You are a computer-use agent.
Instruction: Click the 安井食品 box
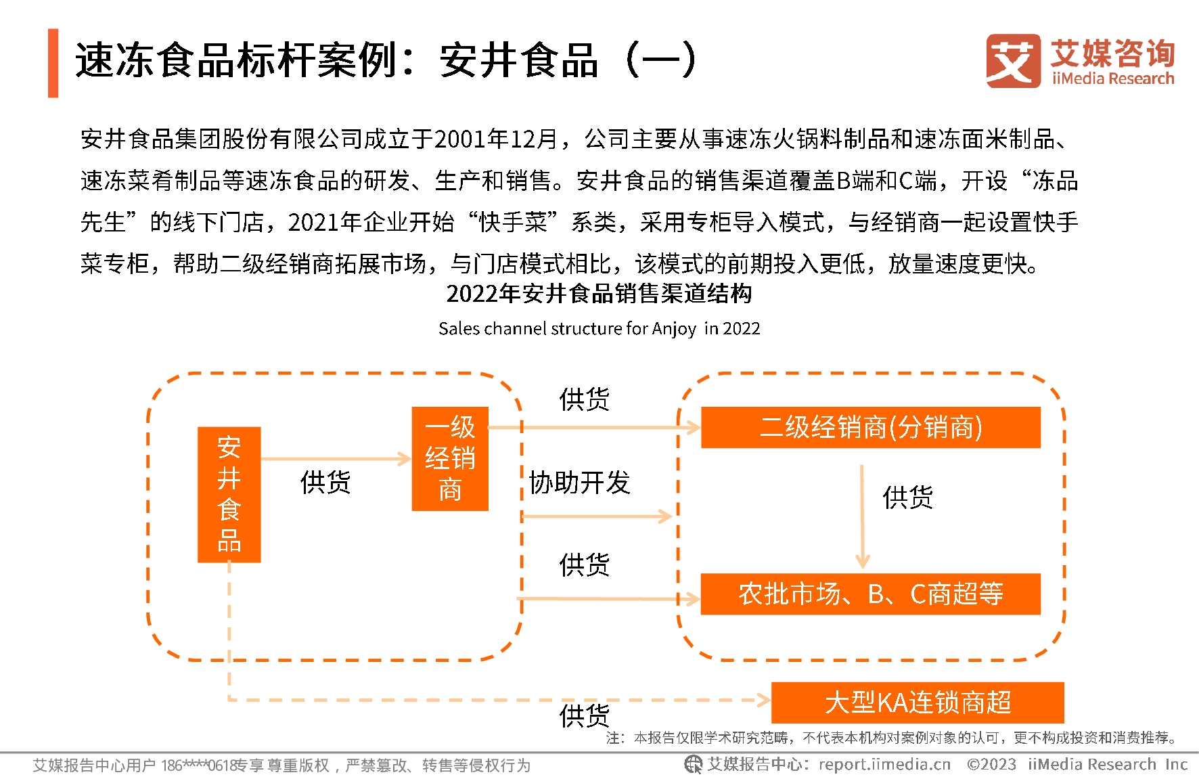click(x=229, y=494)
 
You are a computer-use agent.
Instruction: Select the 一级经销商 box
click(x=449, y=458)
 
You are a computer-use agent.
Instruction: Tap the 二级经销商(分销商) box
click(x=870, y=427)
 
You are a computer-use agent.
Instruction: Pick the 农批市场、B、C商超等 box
click(x=870, y=594)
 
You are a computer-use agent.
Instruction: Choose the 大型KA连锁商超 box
click(x=917, y=702)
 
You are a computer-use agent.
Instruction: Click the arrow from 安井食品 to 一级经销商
click(x=335, y=459)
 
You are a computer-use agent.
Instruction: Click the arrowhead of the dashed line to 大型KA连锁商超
click(x=764, y=700)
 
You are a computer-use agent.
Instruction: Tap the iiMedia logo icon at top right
click(x=1013, y=60)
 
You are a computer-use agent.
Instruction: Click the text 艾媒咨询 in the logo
click(x=1112, y=53)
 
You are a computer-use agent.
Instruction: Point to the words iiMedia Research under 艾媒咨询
click(x=1113, y=79)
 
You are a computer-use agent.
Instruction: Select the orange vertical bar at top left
click(x=53, y=63)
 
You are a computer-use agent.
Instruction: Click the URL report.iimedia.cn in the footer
click(x=884, y=764)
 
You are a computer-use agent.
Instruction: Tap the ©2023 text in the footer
click(x=991, y=764)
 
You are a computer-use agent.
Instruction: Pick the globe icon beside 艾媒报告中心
click(x=693, y=764)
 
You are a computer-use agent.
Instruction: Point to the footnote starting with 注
click(x=892, y=737)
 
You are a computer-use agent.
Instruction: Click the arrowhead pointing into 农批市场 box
click(x=692, y=599)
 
